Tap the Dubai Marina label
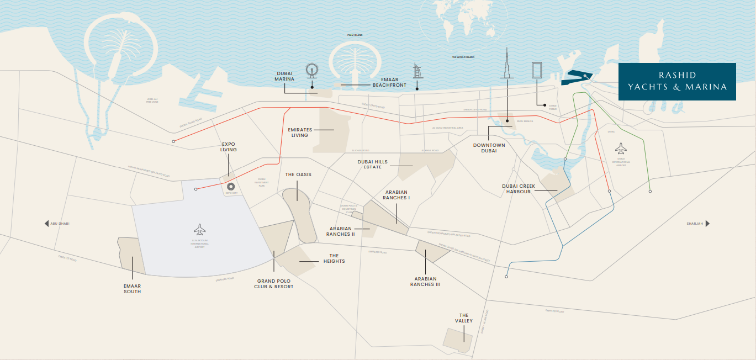(x=284, y=76)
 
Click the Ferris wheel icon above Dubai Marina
(x=312, y=71)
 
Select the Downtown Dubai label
(x=489, y=148)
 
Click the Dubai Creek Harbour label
(x=519, y=189)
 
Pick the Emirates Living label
(x=300, y=133)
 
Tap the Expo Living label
(x=228, y=146)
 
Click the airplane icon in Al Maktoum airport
(x=199, y=229)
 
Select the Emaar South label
(x=132, y=289)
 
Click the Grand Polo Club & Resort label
(x=274, y=284)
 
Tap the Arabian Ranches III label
(x=425, y=282)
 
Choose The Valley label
(x=464, y=318)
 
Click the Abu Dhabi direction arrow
(x=47, y=224)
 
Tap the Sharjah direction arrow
(x=707, y=224)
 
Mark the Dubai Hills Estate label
(x=373, y=165)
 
